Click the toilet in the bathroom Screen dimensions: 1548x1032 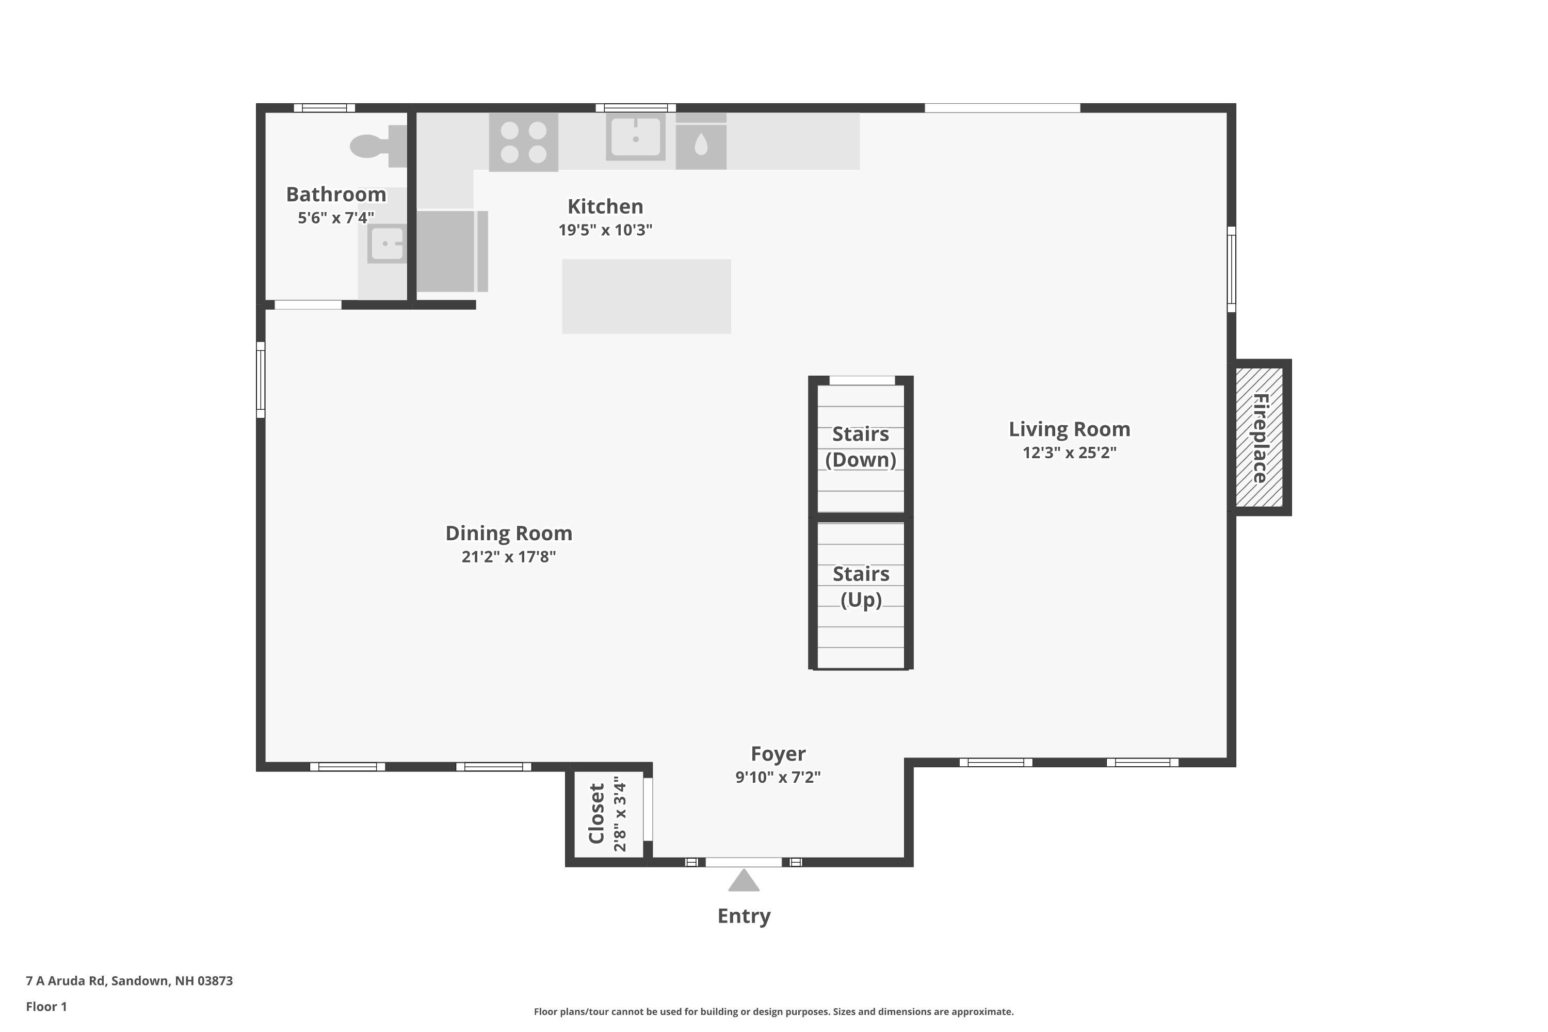pos(378,146)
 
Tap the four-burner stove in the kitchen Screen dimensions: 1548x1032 pos(523,142)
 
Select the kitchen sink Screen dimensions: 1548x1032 pos(635,137)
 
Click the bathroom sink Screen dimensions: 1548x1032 pos(386,244)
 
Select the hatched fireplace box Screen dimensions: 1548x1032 pos(1259,437)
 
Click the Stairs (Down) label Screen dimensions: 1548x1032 pos(861,447)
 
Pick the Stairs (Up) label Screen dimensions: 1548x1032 pos(861,586)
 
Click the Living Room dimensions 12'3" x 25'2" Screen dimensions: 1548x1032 pos(1070,453)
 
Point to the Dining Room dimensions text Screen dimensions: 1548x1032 pos(509,557)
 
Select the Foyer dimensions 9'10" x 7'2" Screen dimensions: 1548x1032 pos(778,777)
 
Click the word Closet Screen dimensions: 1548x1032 pos(596,814)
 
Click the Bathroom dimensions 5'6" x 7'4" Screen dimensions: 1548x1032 pos(336,218)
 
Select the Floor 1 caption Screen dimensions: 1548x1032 pos(46,1006)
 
